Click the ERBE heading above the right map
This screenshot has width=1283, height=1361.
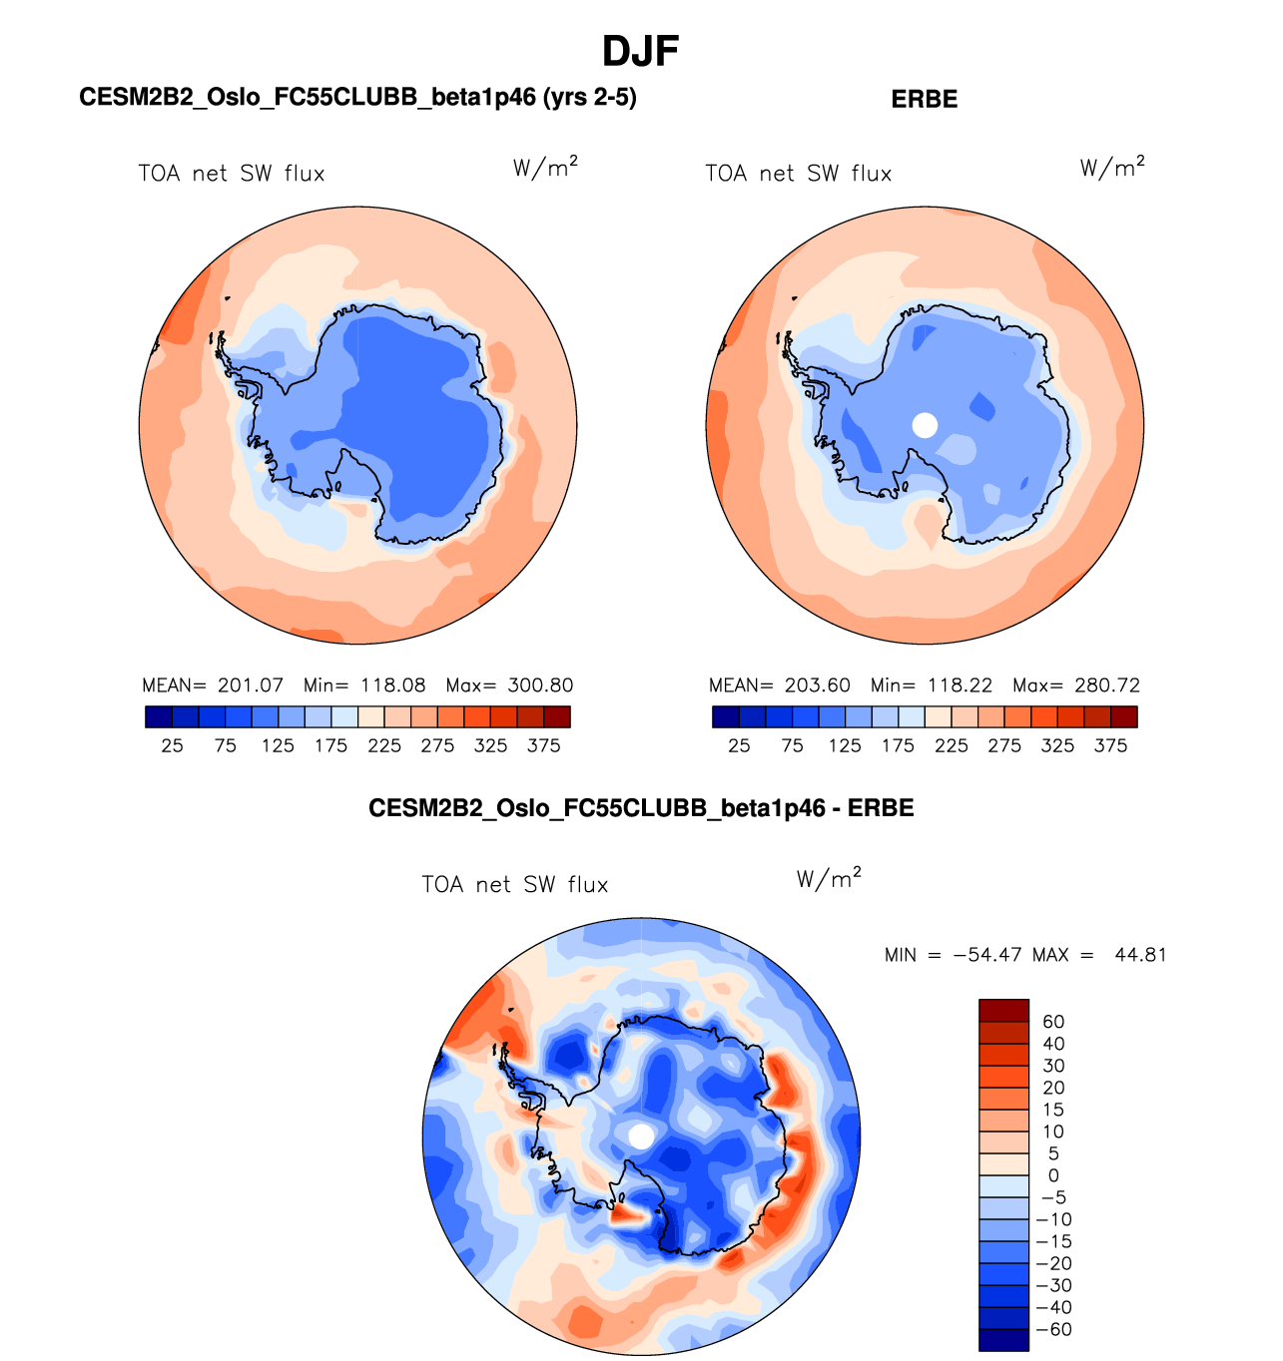924,99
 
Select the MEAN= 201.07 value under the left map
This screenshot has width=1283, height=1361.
213,685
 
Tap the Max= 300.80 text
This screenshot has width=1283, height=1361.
509,685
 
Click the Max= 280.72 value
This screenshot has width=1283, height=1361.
1075,685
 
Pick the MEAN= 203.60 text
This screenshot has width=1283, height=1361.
779,685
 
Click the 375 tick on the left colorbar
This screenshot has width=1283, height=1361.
543,745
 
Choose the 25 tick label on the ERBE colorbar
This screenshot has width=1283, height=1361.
739,745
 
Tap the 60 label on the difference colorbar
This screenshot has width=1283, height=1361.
1053,1022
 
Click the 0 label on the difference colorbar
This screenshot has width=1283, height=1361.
1053,1175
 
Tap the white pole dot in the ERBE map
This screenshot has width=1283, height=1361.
926,425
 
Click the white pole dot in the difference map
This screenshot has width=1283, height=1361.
641,1135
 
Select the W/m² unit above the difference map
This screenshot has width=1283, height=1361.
828,879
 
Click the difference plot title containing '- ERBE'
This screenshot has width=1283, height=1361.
641,807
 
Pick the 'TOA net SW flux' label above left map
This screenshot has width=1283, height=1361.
232,174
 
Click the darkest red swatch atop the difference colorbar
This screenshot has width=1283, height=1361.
1003,1010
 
